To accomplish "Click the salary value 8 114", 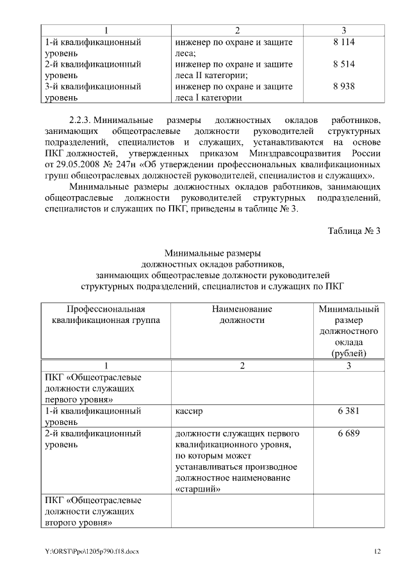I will coord(344,42).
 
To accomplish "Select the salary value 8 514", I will coord(344,65).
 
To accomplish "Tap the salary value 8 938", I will coord(344,87).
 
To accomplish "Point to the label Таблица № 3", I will coord(354,231).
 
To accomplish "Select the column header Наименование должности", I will coord(242,314).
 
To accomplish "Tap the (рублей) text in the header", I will coord(348,353).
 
